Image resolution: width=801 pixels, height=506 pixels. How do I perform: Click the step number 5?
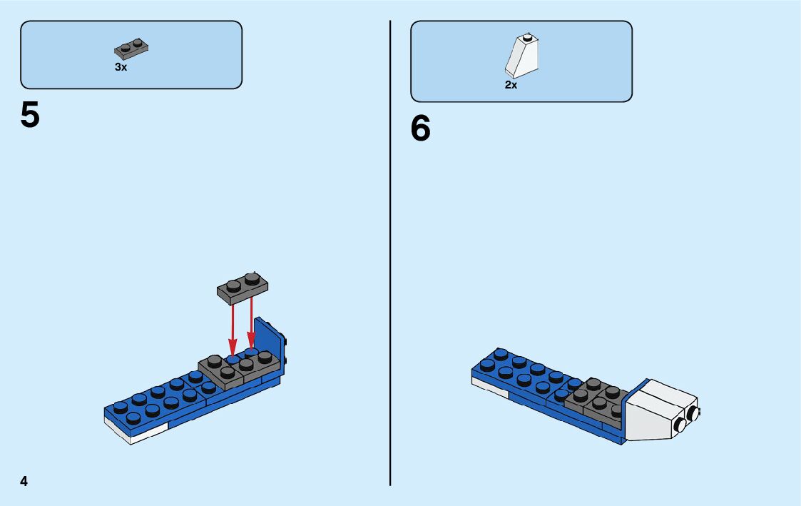[x=30, y=115]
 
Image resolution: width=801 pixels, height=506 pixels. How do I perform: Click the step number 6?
[x=421, y=129]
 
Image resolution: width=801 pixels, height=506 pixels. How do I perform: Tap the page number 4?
[x=24, y=481]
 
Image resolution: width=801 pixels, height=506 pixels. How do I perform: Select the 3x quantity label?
[x=121, y=66]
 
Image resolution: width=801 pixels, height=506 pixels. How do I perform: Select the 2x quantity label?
[x=511, y=84]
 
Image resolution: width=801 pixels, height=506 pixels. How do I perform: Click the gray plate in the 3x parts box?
[x=131, y=49]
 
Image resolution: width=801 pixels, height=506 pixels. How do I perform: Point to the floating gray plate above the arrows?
[x=243, y=287]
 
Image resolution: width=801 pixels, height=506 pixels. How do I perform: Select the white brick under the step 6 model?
[x=489, y=385]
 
